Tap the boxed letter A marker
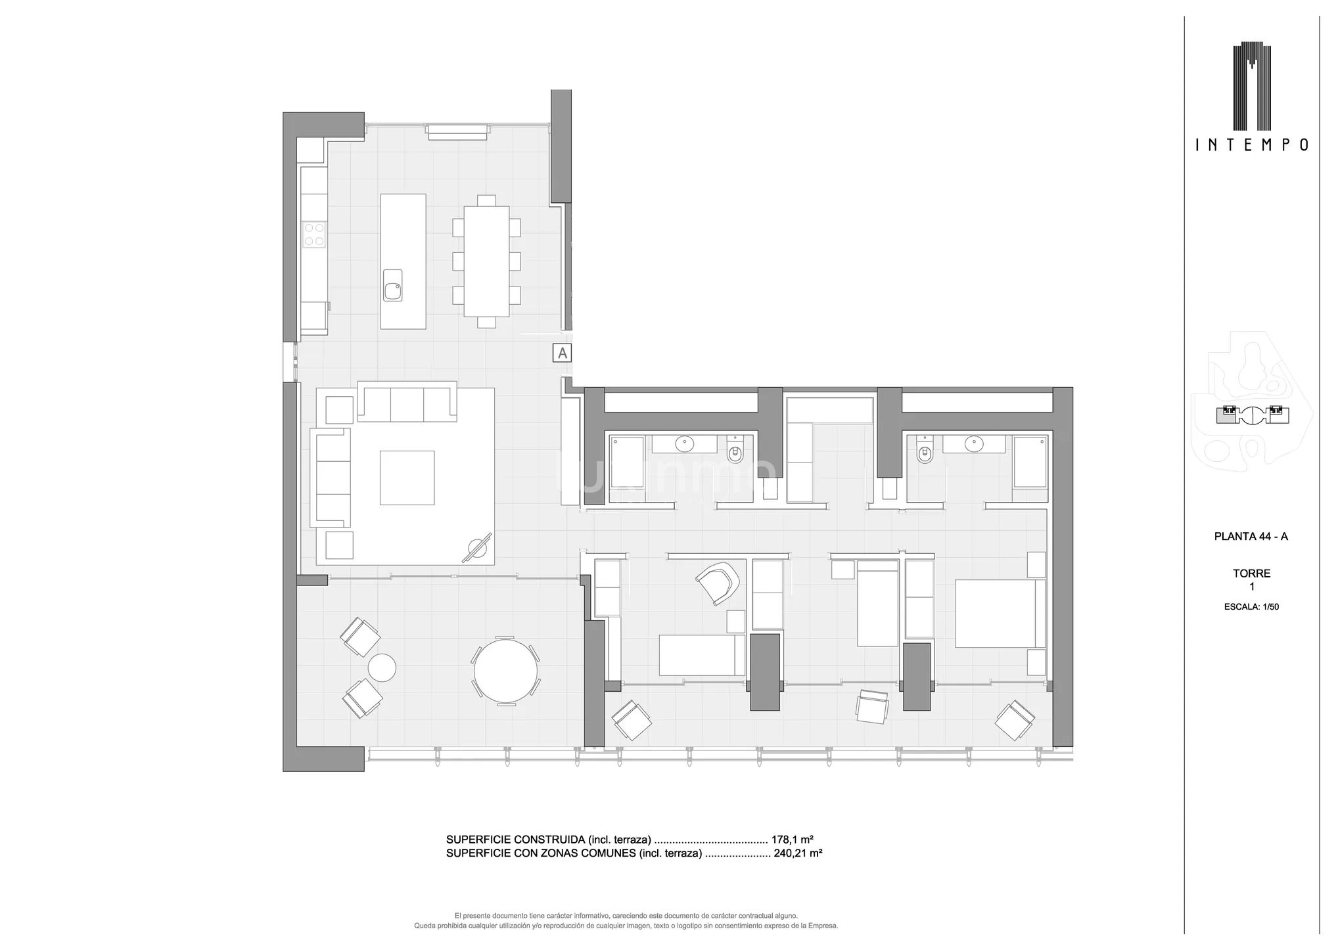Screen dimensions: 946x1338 (x=562, y=353)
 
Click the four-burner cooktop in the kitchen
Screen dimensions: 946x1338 (x=314, y=235)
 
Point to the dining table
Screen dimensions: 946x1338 (x=486, y=261)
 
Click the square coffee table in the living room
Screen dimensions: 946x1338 (x=407, y=478)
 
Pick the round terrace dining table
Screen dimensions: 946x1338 (x=505, y=671)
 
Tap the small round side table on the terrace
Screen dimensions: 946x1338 (x=382, y=668)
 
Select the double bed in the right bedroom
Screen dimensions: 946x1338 (x=1000, y=613)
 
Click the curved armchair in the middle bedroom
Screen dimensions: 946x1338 (x=718, y=582)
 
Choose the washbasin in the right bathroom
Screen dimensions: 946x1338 (x=973, y=445)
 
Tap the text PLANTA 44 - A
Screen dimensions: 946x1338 (x=1251, y=537)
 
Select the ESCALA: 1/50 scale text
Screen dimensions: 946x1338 (x=1251, y=607)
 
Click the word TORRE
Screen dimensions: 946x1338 (x=1251, y=574)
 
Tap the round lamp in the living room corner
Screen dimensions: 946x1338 (x=476, y=547)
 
